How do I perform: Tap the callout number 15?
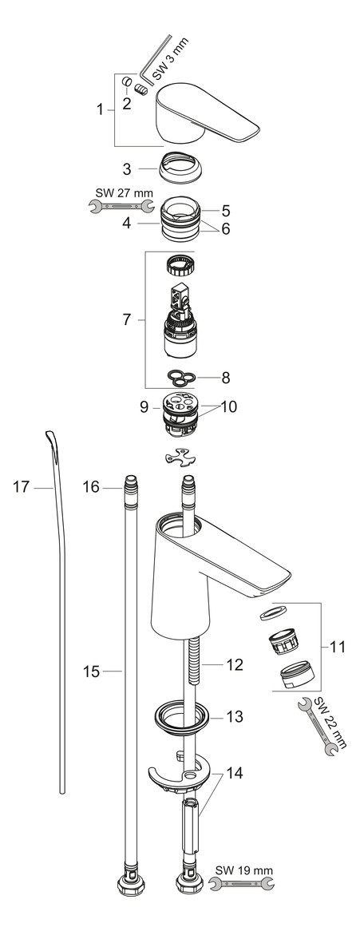tap(91, 672)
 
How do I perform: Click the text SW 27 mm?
tap(121, 192)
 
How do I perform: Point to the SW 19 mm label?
tap(243, 868)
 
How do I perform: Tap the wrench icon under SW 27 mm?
tap(121, 208)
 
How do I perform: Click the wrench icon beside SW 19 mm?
tap(241, 883)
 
